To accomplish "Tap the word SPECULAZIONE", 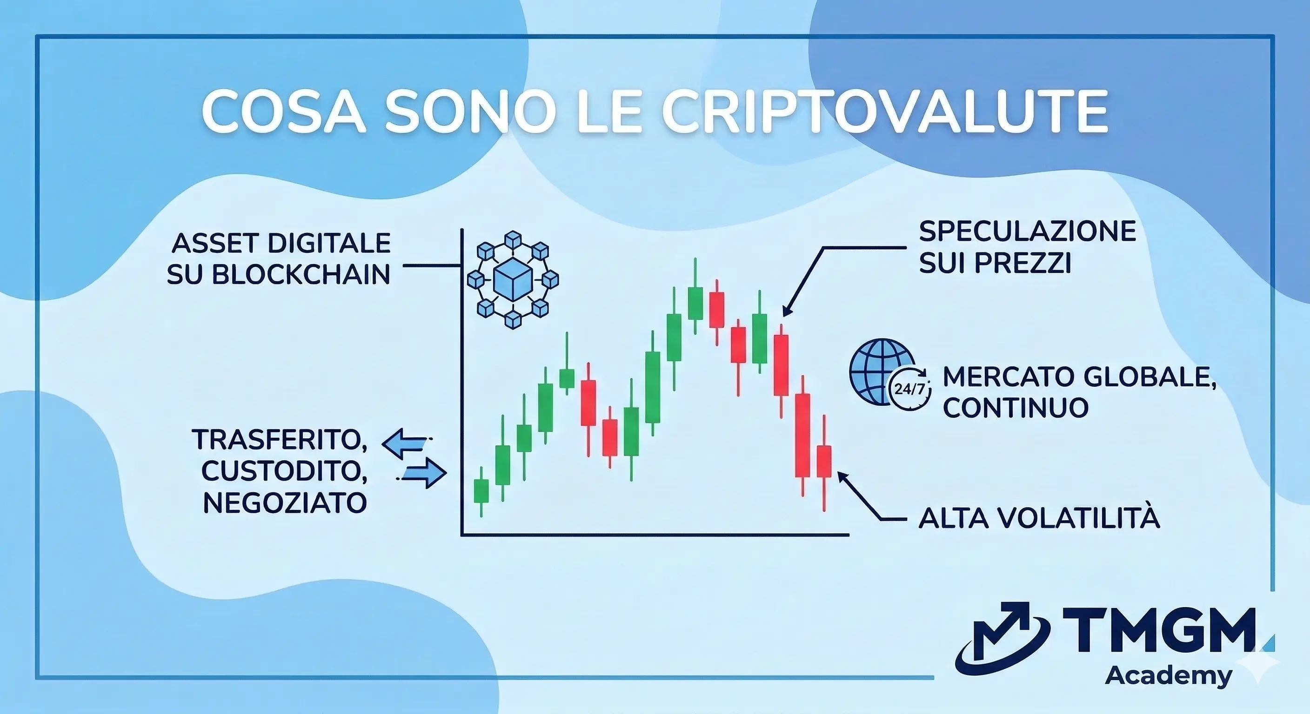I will coord(1027,232).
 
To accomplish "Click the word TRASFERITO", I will coord(280,440).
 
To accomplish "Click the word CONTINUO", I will coord(1016,408).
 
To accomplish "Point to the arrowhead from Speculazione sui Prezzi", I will coord(786,311).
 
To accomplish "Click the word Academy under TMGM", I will coord(1169,676).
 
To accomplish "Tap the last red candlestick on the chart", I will coord(824,462).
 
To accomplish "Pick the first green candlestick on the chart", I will coord(481,491).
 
